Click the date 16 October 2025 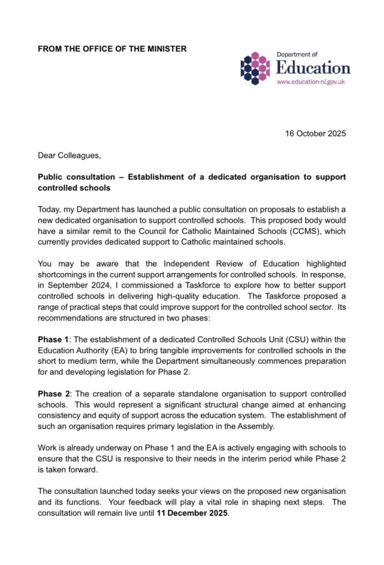(315, 134)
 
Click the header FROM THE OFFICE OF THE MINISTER (112, 49)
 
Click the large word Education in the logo (313, 67)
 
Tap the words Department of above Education (297, 54)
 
